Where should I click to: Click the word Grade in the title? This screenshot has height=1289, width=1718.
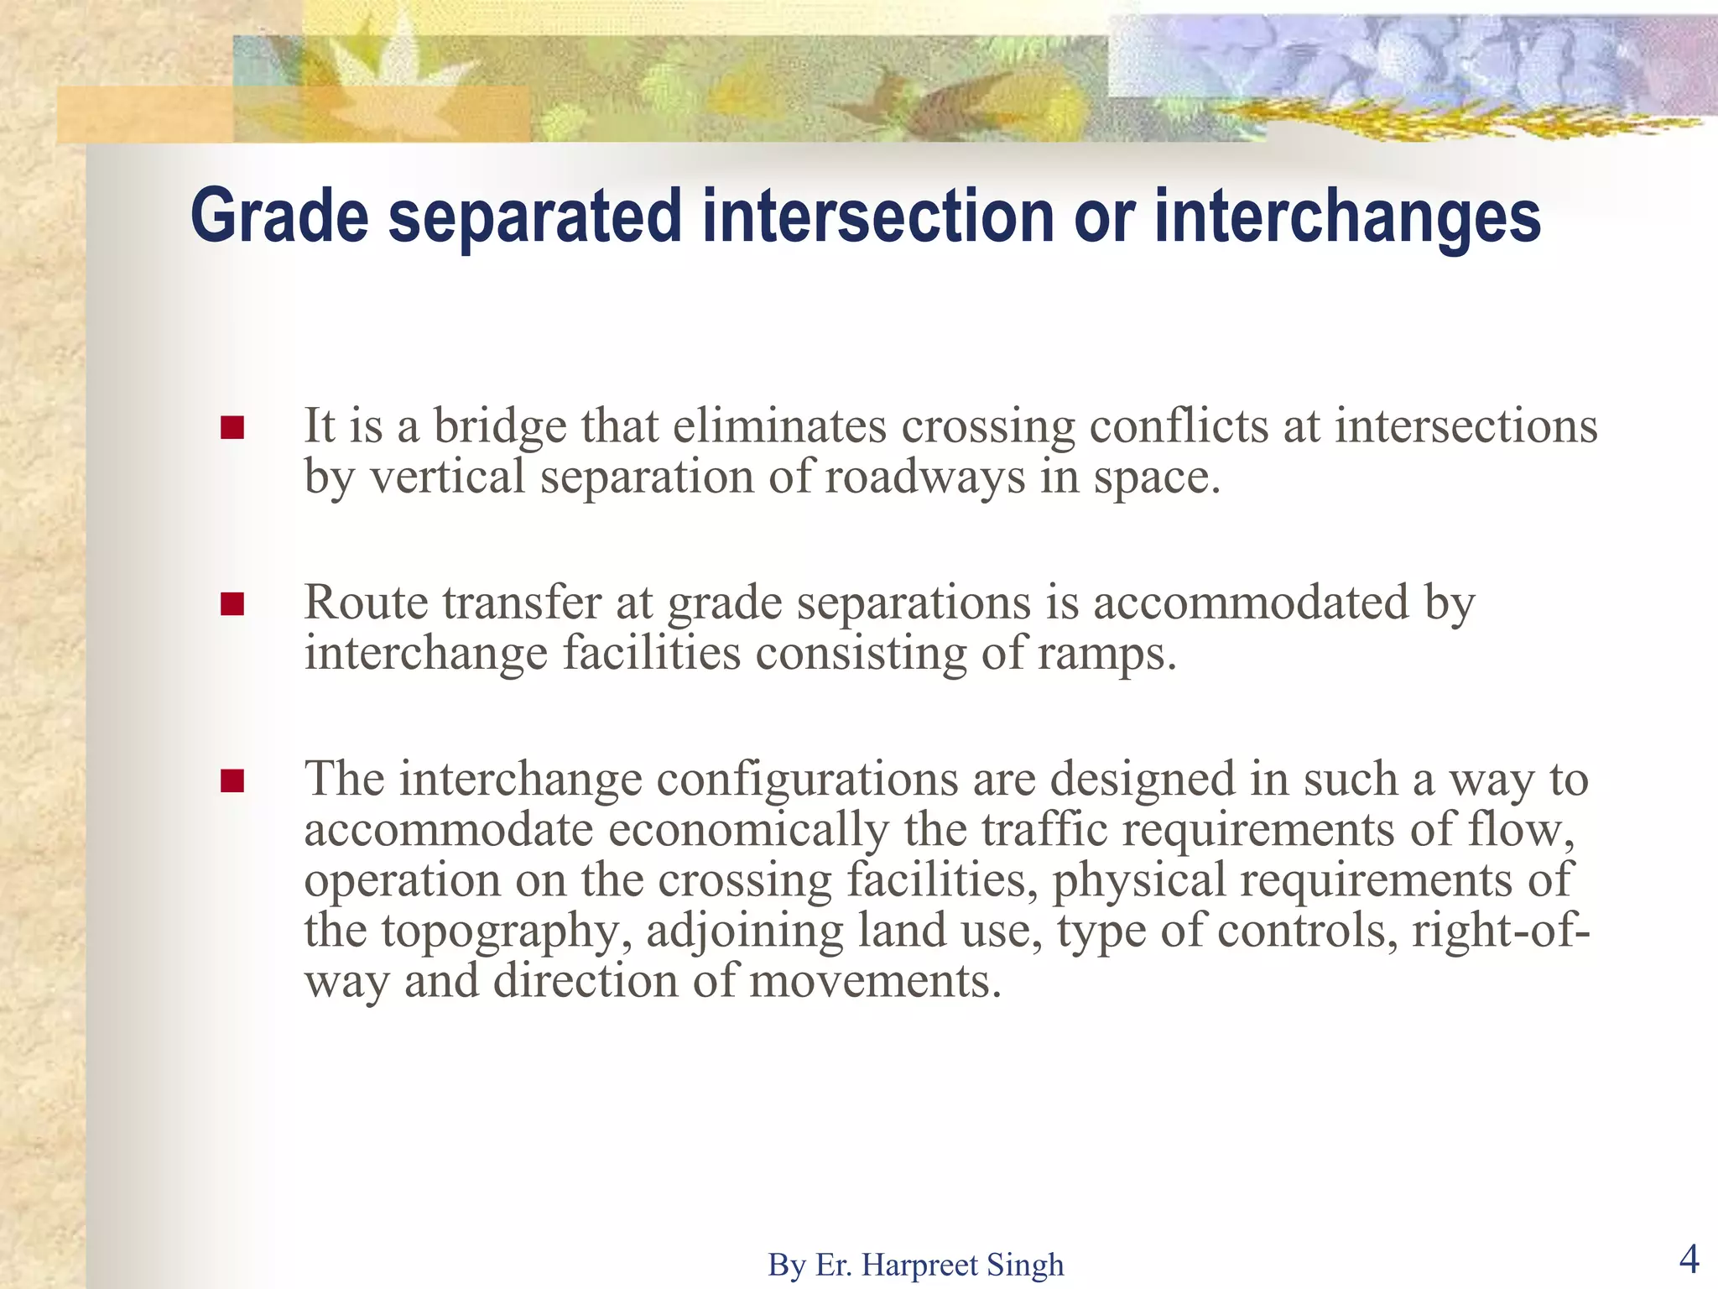pyautogui.click(x=279, y=217)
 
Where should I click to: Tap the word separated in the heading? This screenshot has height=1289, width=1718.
pyautogui.click(x=535, y=217)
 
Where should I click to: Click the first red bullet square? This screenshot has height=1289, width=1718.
pyautogui.click(x=232, y=429)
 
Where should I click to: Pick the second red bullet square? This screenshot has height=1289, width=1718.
pyautogui.click(x=232, y=605)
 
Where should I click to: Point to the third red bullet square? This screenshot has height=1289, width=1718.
pyautogui.click(x=232, y=781)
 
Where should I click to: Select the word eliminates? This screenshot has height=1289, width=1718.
pyautogui.click(x=778, y=426)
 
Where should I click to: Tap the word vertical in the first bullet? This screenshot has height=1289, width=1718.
pyautogui.click(x=447, y=477)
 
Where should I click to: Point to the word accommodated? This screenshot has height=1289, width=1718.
pyautogui.click(x=1250, y=603)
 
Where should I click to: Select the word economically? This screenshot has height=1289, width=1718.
pyautogui.click(x=747, y=830)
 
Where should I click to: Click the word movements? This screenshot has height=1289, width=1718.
pyautogui.click(x=874, y=981)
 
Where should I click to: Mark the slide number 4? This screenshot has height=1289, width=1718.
pyautogui.click(x=1689, y=1259)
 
